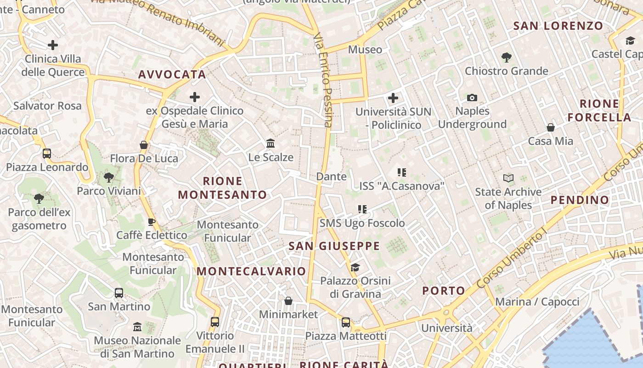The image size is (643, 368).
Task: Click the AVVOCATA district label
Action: pos(172,75)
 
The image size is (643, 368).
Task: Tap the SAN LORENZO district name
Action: pos(558,26)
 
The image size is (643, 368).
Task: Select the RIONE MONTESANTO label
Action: pos(222,188)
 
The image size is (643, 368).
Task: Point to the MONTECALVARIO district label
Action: pos(251,271)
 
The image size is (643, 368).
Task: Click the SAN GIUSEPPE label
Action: pos(334,246)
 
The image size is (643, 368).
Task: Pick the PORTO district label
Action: pos(443,291)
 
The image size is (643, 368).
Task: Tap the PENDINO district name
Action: pos(579,200)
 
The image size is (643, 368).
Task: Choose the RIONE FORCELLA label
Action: pos(599,110)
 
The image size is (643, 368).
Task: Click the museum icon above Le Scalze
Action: pos(271,144)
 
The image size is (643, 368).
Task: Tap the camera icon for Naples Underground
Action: pos(472,98)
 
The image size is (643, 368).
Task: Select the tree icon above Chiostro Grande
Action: pos(506,57)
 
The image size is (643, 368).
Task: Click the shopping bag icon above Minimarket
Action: pos(288,301)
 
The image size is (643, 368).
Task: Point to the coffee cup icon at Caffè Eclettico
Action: pos(151,222)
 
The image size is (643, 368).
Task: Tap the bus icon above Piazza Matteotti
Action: pos(346,322)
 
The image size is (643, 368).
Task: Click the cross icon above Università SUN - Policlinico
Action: pos(393,98)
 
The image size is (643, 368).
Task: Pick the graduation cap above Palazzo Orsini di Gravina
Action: pos(355,267)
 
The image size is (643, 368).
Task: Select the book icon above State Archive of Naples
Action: pos(508,178)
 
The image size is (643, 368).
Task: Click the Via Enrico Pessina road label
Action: pos(323,79)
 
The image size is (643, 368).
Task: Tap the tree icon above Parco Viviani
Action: pos(109,177)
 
